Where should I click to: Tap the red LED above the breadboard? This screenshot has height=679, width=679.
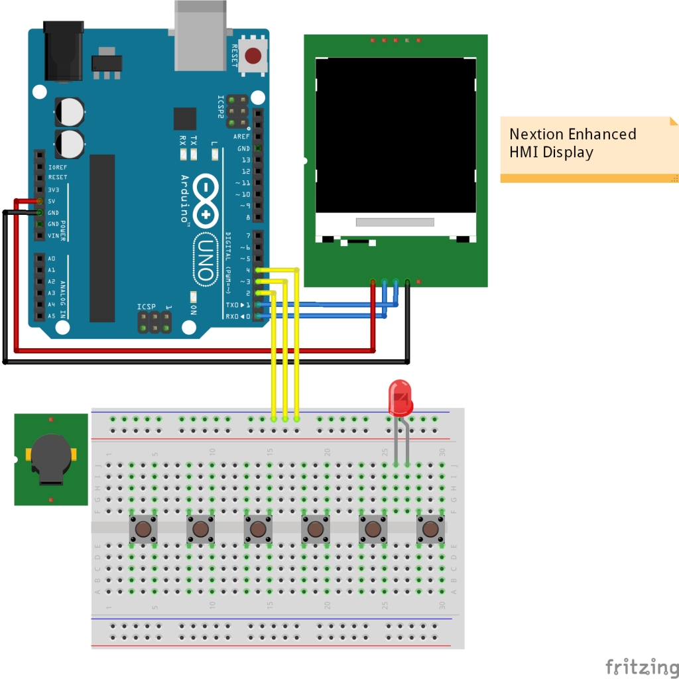pos(400,396)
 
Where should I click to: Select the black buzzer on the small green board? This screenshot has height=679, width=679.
pos(50,457)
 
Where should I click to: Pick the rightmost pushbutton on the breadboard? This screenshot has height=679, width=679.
pos(430,529)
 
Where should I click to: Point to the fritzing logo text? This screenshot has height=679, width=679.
pos(637,665)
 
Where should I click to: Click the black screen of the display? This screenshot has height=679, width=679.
pos(396,135)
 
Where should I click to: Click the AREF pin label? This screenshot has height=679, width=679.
pos(241,137)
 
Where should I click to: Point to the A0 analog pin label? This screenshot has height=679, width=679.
pos(52,259)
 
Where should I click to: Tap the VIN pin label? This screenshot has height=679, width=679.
pos(54,235)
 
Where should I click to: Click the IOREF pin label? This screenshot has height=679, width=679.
pos(57,166)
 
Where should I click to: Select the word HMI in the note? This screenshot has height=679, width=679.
pos(524,152)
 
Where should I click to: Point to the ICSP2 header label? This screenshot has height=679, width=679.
pos(221,106)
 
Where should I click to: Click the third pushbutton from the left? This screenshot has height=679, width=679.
pos(258,529)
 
